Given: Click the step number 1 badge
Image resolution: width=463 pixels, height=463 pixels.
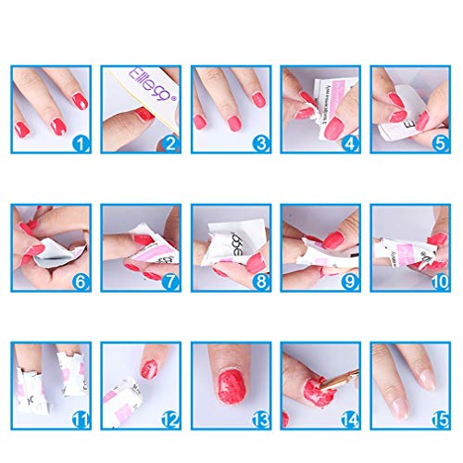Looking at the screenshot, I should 81,144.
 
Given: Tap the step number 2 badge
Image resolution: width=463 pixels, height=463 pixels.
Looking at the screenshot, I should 170,144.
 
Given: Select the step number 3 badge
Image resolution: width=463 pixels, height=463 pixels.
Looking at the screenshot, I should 260,144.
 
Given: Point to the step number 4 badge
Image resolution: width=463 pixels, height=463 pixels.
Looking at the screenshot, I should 350,144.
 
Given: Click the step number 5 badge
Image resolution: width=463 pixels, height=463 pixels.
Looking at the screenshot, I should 440,144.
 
